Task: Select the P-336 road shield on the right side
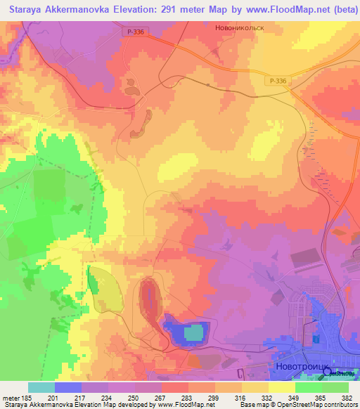(x=278, y=82)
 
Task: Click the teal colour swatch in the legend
(x=41, y=387)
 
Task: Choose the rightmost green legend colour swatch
(x=335, y=387)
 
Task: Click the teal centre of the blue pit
(x=192, y=332)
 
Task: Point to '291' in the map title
(x=150, y=8)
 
